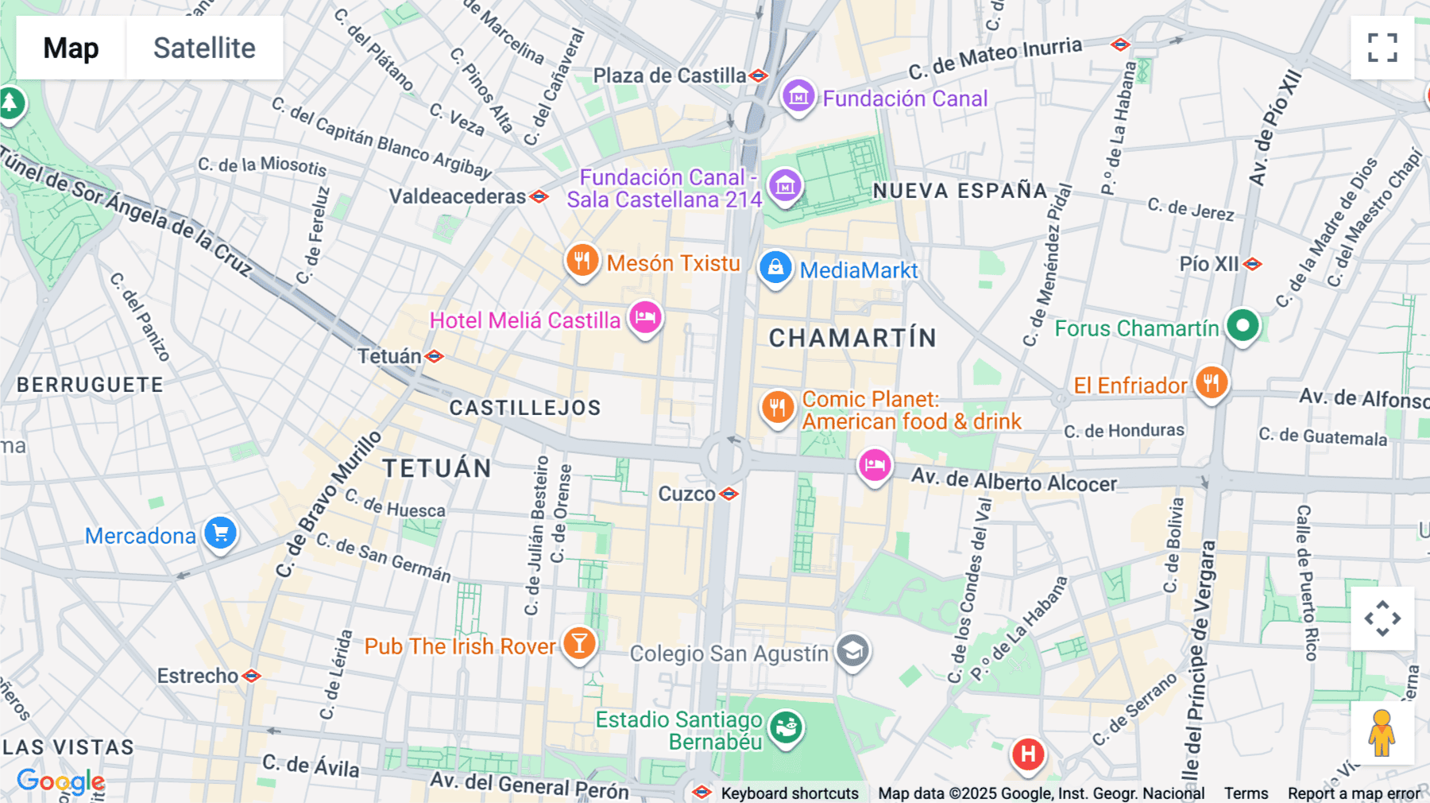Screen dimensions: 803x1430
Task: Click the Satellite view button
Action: tap(204, 48)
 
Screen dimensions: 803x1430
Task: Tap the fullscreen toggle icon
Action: tap(1382, 48)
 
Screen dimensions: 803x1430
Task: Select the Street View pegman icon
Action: tap(1382, 733)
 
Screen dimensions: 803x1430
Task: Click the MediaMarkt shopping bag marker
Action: tap(775, 268)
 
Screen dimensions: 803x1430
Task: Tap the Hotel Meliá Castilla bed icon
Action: tap(645, 318)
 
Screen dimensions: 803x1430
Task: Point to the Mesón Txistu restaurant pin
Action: tap(582, 261)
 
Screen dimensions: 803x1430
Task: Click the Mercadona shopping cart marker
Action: tap(221, 533)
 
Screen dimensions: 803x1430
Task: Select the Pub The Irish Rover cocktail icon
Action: tap(580, 643)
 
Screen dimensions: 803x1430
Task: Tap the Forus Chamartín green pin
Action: tap(1243, 325)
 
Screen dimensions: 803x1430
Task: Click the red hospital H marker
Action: tap(1028, 753)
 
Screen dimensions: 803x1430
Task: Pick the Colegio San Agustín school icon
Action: tap(852, 652)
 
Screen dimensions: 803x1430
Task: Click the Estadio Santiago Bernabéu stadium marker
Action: tap(786, 727)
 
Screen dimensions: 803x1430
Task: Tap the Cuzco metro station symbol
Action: tap(729, 494)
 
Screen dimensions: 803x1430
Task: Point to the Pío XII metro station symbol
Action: tap(1253, 264)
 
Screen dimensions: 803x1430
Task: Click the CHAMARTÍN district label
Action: tap(852, 338)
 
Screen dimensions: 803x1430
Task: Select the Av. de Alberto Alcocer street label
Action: tap(1014, 480)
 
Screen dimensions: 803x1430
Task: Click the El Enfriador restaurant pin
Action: tap(1212, 383)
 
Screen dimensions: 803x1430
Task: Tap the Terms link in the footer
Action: tap(1246, 793)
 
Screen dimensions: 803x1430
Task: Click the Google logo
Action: tap(60, 782)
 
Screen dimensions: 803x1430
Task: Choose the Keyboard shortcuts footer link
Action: tap(789, 793)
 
